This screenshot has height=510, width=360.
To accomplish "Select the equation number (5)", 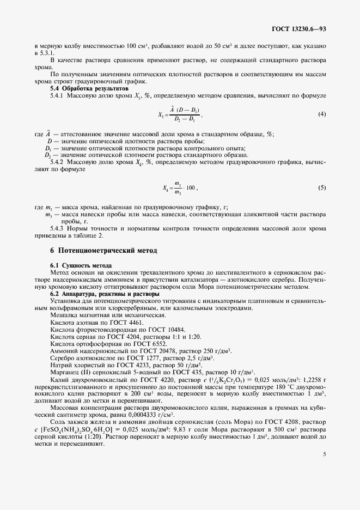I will tap(322, 188).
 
